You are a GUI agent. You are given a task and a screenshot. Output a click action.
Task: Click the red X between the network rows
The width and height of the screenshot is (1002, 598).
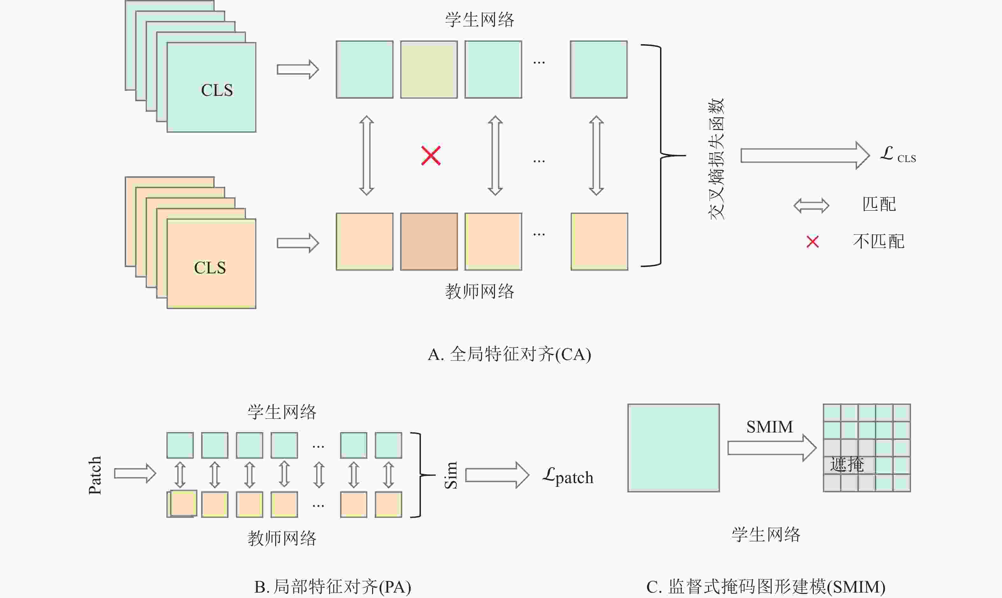(430, 156)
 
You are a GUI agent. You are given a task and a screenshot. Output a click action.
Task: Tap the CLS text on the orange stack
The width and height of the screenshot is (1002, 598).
(210, 268)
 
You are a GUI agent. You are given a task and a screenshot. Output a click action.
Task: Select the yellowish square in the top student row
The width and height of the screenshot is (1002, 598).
(429, 69)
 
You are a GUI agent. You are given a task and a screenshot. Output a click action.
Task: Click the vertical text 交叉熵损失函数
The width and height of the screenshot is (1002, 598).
(716, 159)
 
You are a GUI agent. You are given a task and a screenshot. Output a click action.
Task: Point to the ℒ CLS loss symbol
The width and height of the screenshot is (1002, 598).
(897, 155)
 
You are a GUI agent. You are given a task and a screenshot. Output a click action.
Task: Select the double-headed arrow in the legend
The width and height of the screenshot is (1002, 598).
(811, 206)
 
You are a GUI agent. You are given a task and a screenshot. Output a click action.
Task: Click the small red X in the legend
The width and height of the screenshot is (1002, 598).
(813, 242)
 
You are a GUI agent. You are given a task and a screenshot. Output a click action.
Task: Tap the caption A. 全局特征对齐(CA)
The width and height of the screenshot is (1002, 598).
(510, 355)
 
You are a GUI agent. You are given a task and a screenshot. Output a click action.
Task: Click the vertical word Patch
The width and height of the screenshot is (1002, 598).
(95, 475)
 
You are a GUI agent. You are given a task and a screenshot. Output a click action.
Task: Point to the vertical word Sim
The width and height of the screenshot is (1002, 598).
(451, 475)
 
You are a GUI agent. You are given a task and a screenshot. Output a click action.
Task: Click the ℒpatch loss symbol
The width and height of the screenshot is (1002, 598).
(568, 476)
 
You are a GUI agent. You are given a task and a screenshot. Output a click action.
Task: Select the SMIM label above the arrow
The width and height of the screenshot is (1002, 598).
(769, 427)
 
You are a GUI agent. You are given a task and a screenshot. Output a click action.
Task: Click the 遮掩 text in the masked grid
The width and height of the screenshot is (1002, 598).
(846, 465)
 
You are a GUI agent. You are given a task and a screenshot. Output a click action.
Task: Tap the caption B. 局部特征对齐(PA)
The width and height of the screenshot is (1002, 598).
(333, 587)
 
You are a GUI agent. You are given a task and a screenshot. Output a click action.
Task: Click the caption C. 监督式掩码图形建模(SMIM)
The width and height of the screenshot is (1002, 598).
(766, 587)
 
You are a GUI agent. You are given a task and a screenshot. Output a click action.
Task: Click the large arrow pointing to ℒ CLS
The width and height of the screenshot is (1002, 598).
(805, 156)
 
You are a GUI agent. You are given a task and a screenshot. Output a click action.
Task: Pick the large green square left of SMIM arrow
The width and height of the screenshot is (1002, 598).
(673, 448)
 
